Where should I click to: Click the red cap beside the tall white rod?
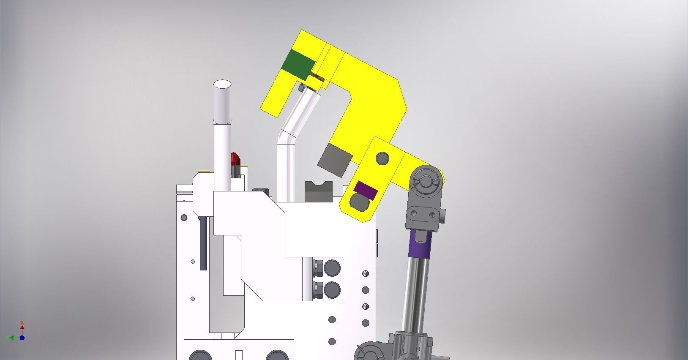pos(235,160)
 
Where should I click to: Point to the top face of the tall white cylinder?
pos(222,84)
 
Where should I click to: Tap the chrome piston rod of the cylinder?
pos(416,296)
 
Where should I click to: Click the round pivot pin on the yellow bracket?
pos(382,159)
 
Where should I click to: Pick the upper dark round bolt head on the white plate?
pos(332,268)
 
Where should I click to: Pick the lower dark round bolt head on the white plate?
pos(332,291)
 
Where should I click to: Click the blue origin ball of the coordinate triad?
pos(22,338)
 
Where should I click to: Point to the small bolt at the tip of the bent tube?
pos(301,88)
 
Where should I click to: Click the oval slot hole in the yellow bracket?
pos(360,203)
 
